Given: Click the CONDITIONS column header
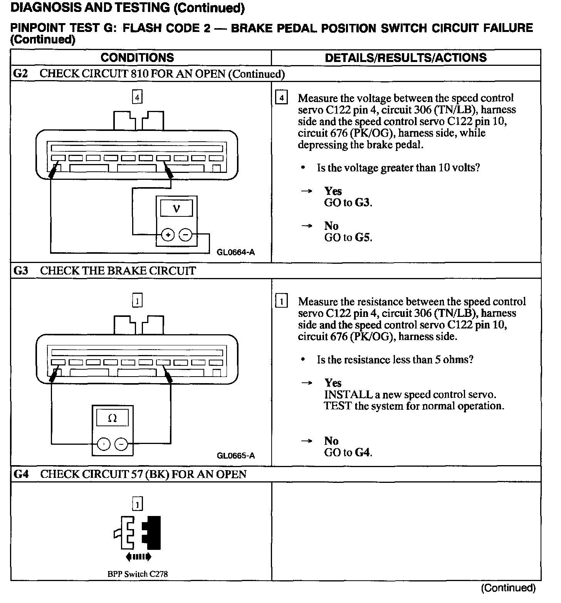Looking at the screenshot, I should [137, 58].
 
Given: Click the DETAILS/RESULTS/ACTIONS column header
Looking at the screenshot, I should [406, 58].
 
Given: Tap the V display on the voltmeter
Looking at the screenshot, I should [176, 209].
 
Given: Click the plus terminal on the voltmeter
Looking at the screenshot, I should [168, 234].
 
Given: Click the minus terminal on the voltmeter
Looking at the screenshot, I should [186, 234].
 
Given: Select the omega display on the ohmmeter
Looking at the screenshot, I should [113, 418].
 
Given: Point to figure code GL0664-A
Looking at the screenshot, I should [236, 253].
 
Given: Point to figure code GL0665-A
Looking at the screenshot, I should [236, 456].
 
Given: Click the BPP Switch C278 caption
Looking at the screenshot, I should [138, 574].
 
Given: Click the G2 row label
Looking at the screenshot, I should [20, 74].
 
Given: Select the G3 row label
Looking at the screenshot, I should [21, 271].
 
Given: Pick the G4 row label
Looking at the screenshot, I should [21, 474].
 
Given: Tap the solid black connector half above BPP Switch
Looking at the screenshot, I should [153, 533].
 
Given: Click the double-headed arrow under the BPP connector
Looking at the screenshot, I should [138, 557].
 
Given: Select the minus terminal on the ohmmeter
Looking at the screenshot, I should [122, 444].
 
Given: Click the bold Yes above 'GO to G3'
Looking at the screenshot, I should [333, 191].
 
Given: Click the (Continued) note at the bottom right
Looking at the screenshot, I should [508, 588].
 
